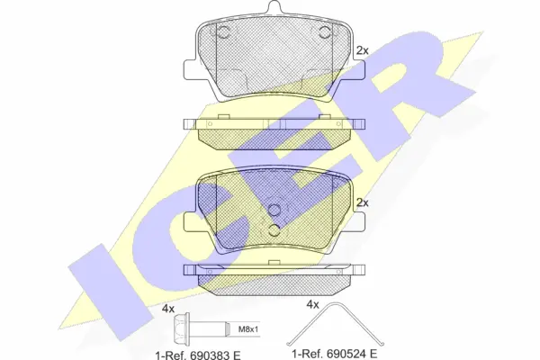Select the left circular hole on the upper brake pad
225,34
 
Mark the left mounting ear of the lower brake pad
190,222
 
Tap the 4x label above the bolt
167,309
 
